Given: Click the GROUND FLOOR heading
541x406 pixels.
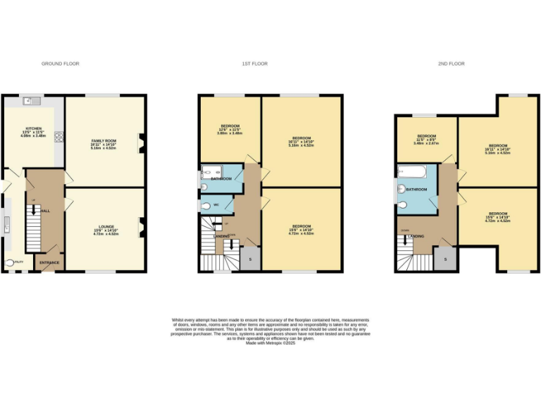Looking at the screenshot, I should [x=61, y=63].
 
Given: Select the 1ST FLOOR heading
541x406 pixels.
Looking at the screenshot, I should [x=254, y=63].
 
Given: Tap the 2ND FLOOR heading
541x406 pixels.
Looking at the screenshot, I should [x=451, y=63].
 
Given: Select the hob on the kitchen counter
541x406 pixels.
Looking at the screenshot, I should [x=58, y=137].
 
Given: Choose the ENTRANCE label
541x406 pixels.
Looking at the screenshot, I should [x=49, y=264].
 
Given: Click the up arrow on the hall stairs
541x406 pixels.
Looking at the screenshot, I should [x=34, y=204].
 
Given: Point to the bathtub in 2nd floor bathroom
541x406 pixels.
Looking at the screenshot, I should [x=412, y=171].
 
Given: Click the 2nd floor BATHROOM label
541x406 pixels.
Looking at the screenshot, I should [x=416, y=190].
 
